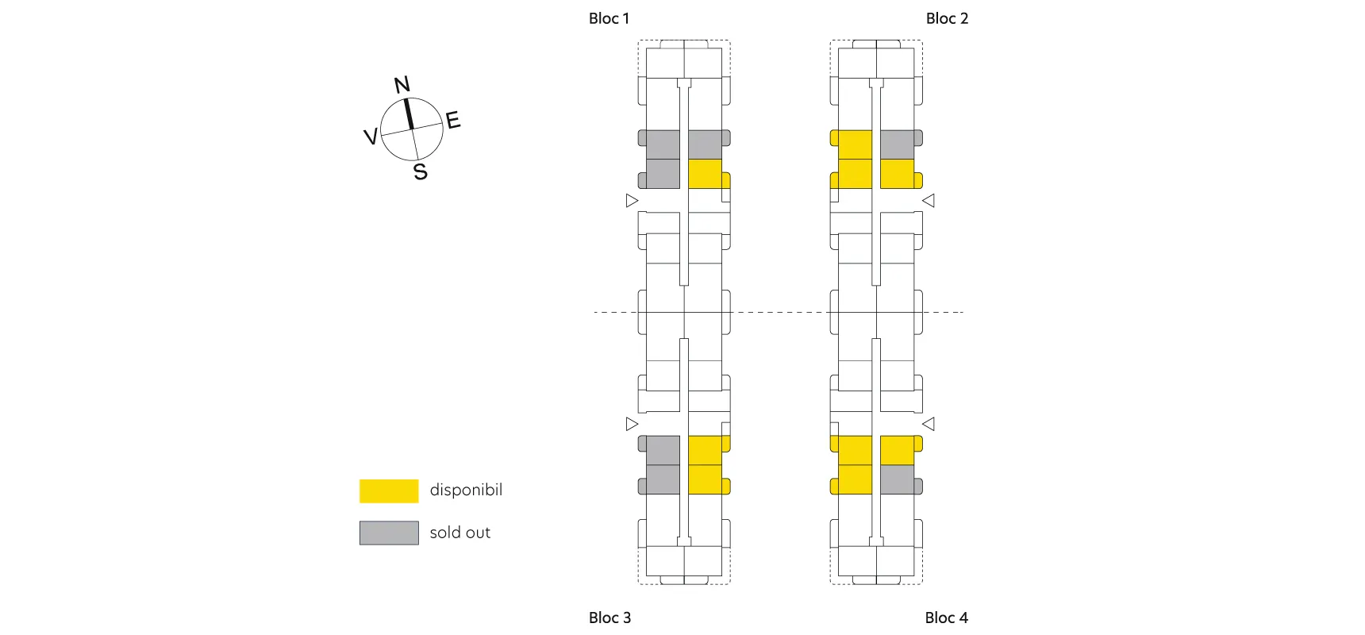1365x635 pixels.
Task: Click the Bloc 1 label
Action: click(x=609, y=18)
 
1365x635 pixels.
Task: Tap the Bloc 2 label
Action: click(x=947, y=18)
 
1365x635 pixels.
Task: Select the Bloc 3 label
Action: click(x=609, y=618)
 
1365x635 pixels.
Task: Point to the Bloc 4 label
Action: click(x=946, y=618)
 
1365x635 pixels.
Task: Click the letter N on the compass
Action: click(x=402, y=85)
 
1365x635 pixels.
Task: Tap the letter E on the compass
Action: click(x=453, y=121)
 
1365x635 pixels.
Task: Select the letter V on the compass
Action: click(x=370, y=137)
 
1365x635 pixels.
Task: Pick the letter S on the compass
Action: click(x=421, y=171)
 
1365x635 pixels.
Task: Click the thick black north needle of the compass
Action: click(x=409, y=114)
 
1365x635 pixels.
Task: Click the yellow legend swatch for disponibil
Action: click(x=389, y=491)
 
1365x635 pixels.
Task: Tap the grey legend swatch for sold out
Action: click(x=389, y=533)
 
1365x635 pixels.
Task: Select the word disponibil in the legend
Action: click(x=466, y=490)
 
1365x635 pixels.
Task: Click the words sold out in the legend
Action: click(x=459, y=533)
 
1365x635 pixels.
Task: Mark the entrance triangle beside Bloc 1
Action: click(x=632, y=201)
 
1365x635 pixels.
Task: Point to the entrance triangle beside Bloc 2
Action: click(x=929, y=201)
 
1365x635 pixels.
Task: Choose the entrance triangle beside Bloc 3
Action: click(x=632, y=424)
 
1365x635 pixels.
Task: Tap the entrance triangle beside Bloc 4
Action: click(x=929, y=424)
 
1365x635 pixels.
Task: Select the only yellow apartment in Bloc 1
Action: click(x=706, y=174)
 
